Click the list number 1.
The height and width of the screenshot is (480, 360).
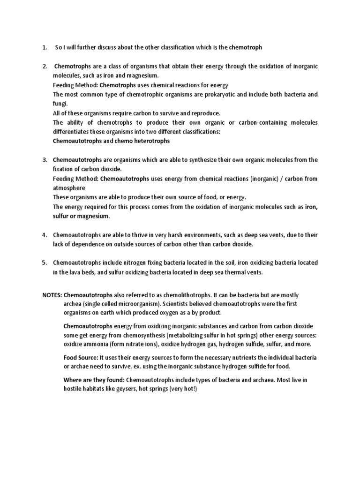coord(44,47)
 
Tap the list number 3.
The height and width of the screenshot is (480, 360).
coord(44,160)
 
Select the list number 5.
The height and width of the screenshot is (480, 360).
coord(44,262)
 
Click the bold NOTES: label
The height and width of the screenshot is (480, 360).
coord(52,295)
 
